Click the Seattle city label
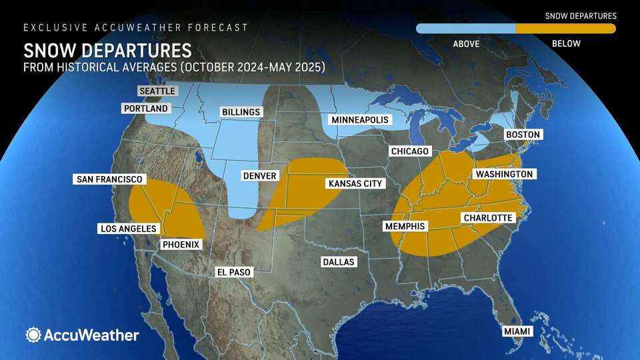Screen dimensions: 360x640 point(157,91)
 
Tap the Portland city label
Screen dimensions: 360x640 point(146,108)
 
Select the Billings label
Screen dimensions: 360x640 point(241,112)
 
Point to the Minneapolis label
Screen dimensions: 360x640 point(359,121)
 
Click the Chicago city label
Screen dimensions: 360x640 point(409,151)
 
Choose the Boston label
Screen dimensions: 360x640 point(523,135)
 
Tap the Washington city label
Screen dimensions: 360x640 point(504,174)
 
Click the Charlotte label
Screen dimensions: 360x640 point(488,218)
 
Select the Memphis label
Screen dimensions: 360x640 point(405,227)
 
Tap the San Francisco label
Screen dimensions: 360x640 point(109,179)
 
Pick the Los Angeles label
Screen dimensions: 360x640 point(127,229)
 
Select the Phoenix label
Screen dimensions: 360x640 point(181,245)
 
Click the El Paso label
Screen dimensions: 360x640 point(235,272)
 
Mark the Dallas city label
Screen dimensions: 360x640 point(338,261)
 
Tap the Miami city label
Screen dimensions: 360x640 point(517,331)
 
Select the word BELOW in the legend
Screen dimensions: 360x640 point(565,44)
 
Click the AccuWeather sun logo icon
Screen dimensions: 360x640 point(33,335)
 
